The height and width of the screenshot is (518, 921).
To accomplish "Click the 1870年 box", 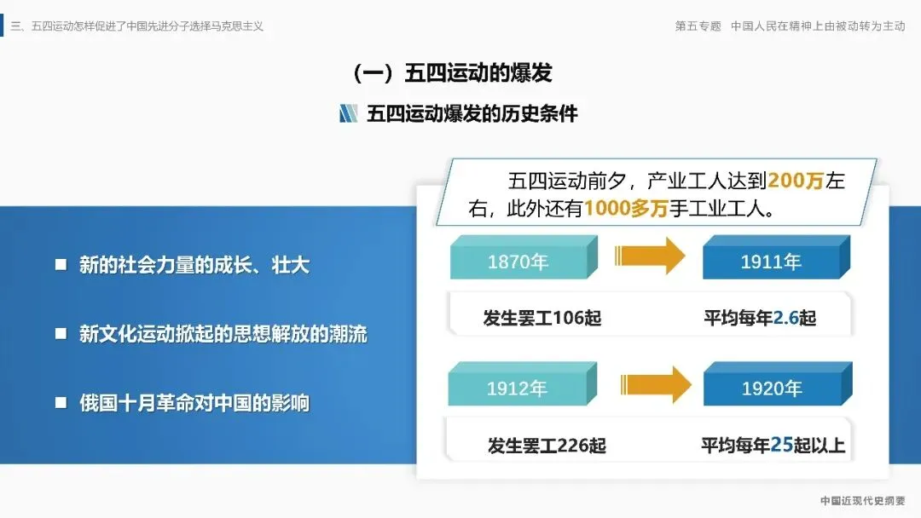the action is pos(518,261).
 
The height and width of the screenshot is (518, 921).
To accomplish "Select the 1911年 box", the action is pos(771,261).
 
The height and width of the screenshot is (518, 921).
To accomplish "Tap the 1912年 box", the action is pos(518,388).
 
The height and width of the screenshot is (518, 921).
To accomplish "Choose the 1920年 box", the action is pos(771,388).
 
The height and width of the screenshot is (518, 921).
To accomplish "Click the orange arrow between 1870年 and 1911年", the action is pos(650,256).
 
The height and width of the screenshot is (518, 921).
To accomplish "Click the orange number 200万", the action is pos(796,181).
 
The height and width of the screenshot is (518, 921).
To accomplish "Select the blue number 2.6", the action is pos(785,318).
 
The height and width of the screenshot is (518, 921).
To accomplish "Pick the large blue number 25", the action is pos(782,444).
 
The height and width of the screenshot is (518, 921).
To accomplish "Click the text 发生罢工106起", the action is pos(542,318).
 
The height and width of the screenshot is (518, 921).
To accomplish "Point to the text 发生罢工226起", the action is pos(547,445).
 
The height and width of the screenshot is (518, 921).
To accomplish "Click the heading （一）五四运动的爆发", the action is pos(452,73).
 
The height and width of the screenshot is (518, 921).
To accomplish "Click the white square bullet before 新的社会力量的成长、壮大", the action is pos(61,265).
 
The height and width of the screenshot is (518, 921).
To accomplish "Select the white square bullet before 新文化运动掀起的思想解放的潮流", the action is pos(61,334).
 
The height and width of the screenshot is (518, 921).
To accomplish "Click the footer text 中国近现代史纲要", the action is pos(863,501).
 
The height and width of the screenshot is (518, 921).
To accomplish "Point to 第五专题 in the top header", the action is pos(698,26).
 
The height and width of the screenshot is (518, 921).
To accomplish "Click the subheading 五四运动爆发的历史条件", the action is pos(472,113).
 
